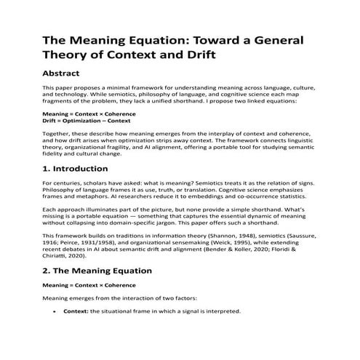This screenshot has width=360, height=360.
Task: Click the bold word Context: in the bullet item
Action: pyautogui.click(x=76, y=311)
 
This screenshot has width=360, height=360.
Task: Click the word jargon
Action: pyautogui.click(x=208, y=222)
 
